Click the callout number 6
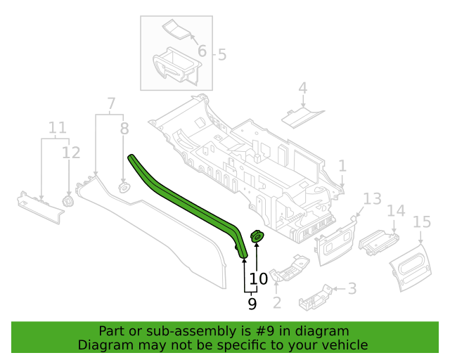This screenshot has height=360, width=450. click(202, 51)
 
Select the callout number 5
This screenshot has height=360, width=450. click(222, 55)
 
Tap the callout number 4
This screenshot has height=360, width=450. click(303, 88)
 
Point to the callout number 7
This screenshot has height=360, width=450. click(111, 103)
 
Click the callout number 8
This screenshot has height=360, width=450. click(124, 129)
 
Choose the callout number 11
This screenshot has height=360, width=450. click(58, 127)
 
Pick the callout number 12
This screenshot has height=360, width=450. click(71, 153)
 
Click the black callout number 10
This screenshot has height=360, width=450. click(259, 278)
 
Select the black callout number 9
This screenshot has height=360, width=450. click(252, 304)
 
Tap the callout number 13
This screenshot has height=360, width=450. click(372, 199)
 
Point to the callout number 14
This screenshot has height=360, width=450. click(396, 211)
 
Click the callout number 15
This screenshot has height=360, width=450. click(422, 222)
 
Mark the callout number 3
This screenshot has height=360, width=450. click(352, 288)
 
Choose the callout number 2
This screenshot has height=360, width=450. click(276, 302)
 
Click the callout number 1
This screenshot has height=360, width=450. click(342, 166)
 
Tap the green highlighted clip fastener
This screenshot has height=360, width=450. click(257, 236)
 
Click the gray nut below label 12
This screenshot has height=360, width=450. click(68, 200)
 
